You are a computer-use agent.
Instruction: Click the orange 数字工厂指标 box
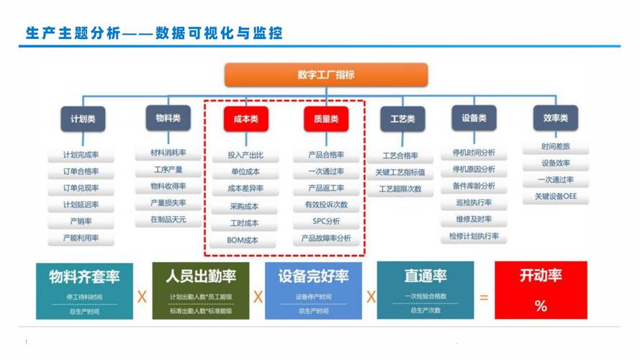326,75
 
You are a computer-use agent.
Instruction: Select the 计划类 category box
83,119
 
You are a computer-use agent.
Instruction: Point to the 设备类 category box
473,118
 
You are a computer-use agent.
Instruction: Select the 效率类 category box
555,118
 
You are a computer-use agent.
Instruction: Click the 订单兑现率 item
81,188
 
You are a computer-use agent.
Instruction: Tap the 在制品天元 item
168,219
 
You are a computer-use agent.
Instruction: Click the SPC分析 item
326,221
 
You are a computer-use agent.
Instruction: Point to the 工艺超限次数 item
400,189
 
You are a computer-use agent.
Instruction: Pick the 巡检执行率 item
474,203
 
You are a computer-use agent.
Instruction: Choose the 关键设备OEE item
555,196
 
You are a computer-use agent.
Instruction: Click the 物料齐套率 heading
84,276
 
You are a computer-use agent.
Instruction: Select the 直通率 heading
425,276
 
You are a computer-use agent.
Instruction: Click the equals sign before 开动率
484,296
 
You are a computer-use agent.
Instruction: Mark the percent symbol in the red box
541,306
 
